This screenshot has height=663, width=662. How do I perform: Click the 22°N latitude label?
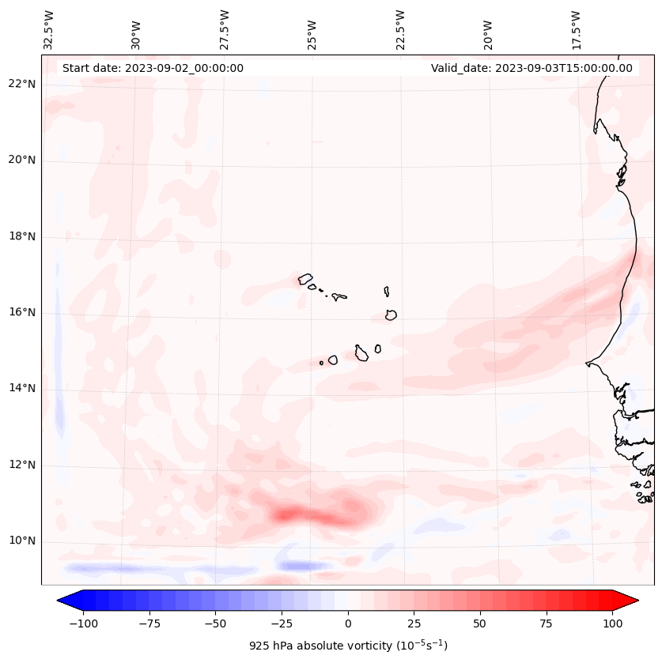coord(21,84)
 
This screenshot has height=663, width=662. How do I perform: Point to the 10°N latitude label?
coord(21,541)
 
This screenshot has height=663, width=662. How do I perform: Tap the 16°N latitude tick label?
coord(21,312)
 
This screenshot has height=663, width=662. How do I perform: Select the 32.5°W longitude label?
coord(49,29)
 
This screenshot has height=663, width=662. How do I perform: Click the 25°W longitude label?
coord(313,31)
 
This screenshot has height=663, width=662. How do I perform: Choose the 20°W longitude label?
coord(488,31)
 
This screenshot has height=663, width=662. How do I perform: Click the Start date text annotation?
coord(153,68)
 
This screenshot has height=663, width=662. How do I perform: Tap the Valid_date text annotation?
coord(531,68)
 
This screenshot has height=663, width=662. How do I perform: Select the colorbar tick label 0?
coord(348,623)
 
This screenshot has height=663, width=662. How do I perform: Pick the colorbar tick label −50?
coord(214,623)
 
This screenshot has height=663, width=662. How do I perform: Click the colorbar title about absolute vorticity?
coord(348,646)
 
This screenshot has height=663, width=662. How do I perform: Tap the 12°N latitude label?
coord(21,465)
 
